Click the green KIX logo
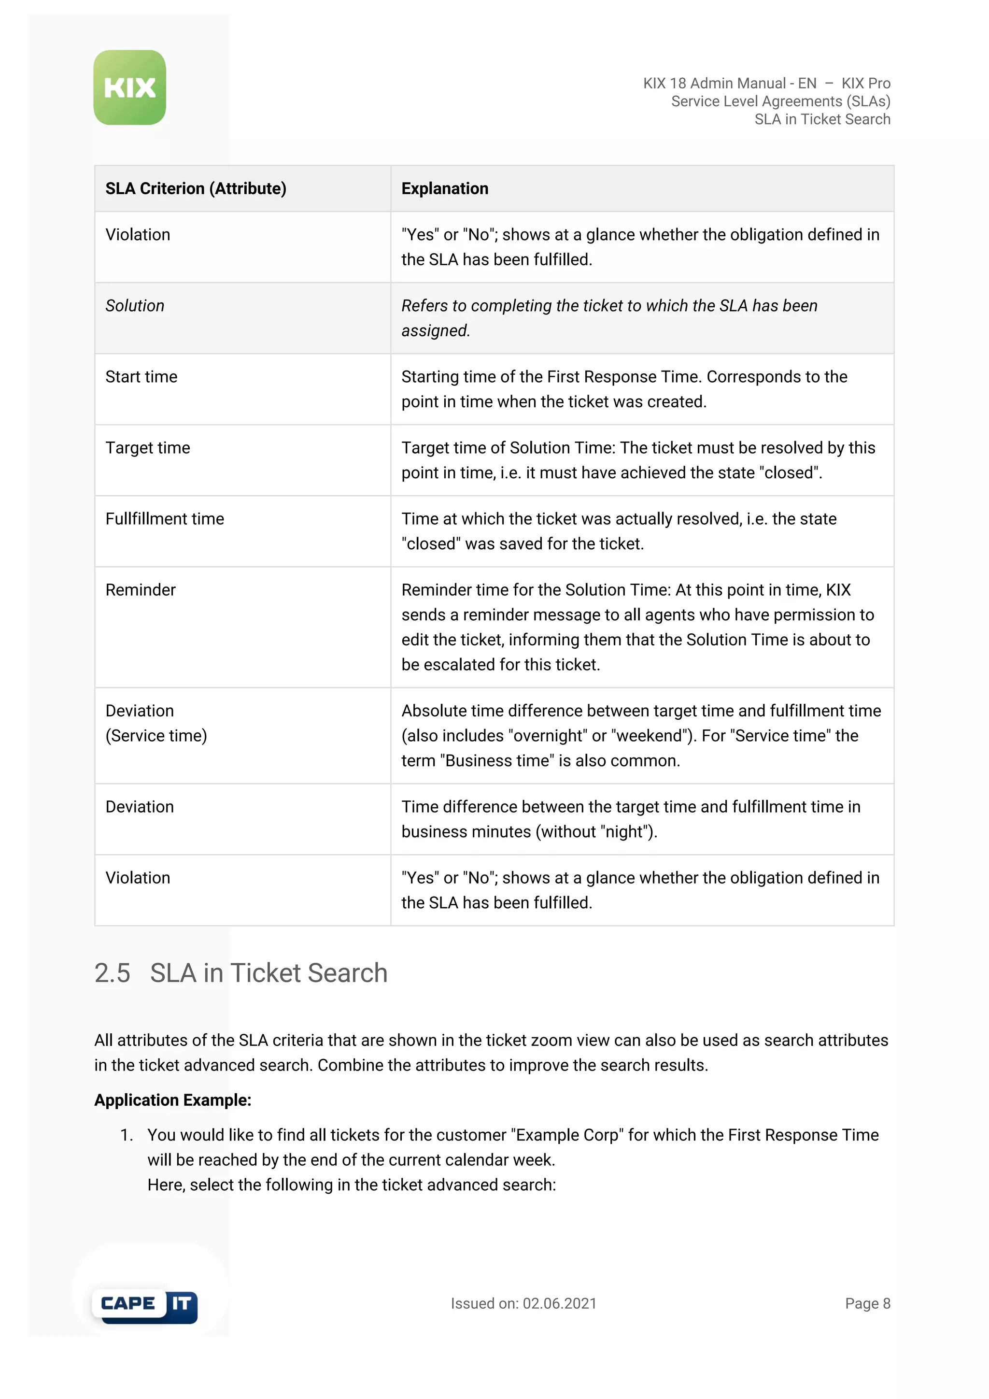click(130, 88)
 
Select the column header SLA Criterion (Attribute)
click(196, 189)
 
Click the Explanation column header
click(445, 189)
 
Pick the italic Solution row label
click(135, 306)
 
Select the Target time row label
click(147, 448)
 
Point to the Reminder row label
click(140, 590)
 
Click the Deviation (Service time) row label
click(156, 723)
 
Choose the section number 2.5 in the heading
click(112, 973)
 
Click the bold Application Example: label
click(173, 1100)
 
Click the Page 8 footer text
click(867, 1303)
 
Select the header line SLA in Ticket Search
click(822, 119)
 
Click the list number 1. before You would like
click(126, 1135)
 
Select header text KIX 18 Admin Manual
click(714, 84)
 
